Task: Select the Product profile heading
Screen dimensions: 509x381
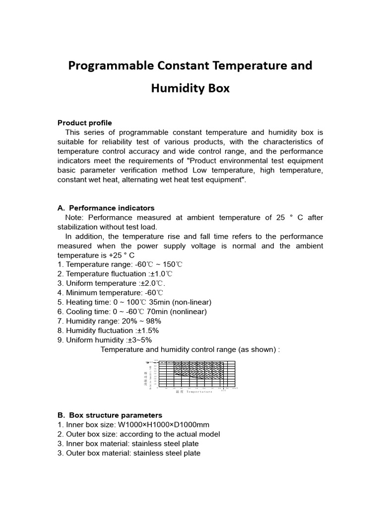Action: click(x=85, y=123)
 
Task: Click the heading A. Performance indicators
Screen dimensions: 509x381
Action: click(x=106, y=208)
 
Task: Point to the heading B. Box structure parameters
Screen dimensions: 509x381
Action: click(x=110, y=415)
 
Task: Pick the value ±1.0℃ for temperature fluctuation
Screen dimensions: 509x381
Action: click(x=160, y=274)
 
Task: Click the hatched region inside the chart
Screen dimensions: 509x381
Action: click(x=198, y=370)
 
